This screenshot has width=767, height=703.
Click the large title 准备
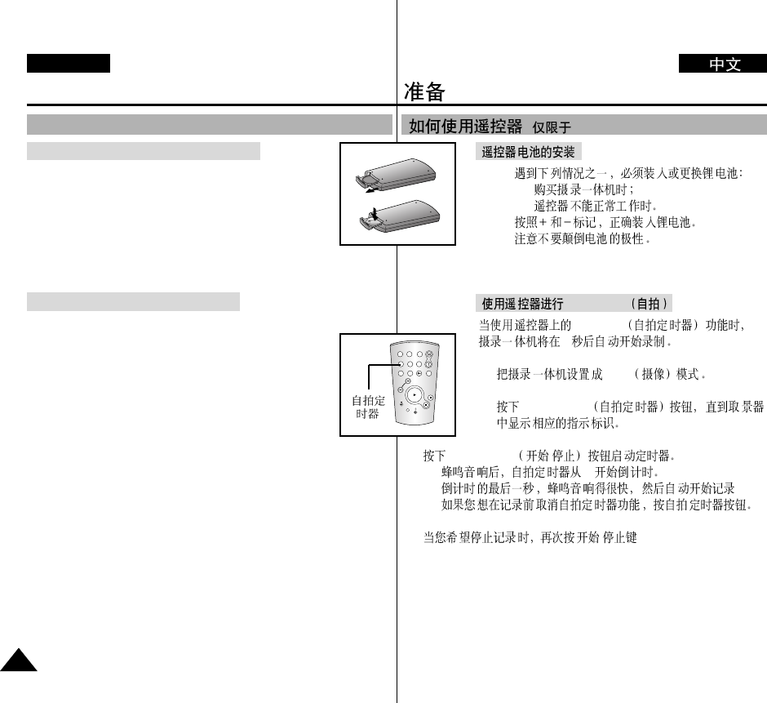[x=425, y=91]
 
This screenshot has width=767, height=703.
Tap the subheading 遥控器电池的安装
[x=528, y=153]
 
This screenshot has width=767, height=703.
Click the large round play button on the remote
[x=415, y=394]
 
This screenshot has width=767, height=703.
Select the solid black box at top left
[x=68, y=64]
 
